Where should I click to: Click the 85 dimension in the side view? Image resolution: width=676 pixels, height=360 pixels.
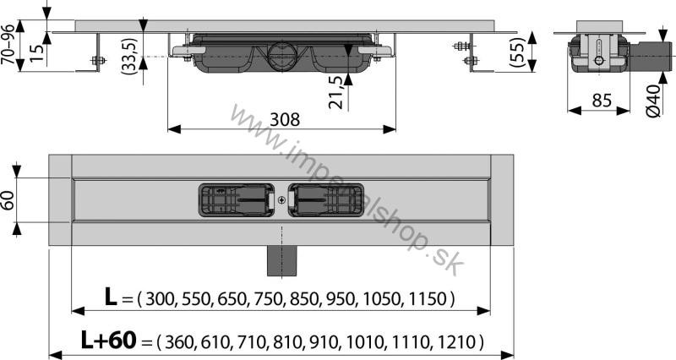pos(601,100)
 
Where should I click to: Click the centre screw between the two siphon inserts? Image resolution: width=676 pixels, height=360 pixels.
pos(281,201)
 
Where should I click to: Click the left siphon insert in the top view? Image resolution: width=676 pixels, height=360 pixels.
pos(235,200)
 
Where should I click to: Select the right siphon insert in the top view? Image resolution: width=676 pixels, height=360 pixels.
pos(328,200)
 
